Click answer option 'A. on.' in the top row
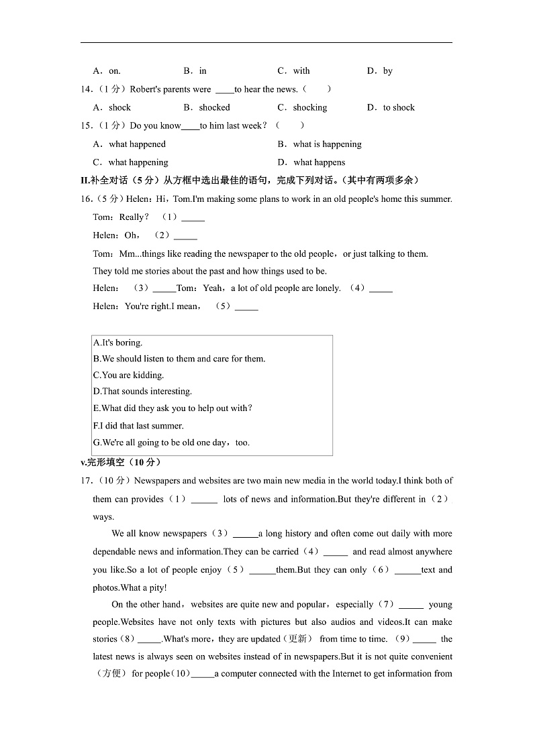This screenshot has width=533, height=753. (107, 71)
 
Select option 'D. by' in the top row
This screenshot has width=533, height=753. (379, 71)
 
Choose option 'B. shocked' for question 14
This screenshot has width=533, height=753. (207, 107)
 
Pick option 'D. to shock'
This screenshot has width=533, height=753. (391, 107)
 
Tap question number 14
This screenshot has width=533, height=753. (85, 89)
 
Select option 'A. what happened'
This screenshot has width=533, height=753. (129, 144)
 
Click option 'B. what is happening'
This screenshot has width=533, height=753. (320, 144)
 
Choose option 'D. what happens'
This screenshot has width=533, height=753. (311, 162)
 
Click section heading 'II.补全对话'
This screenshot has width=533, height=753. (108, 180)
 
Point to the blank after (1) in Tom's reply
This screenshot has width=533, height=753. (193, 217)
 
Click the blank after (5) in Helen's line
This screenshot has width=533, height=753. (246, 306)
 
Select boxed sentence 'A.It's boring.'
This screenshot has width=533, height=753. (117, 343)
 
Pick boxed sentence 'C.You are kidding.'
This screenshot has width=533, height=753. (128, 375)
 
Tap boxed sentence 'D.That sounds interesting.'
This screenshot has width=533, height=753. (142, 392)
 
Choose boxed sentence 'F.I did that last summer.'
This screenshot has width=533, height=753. (138, 426)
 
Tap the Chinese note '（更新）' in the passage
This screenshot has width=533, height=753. (299, 639)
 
